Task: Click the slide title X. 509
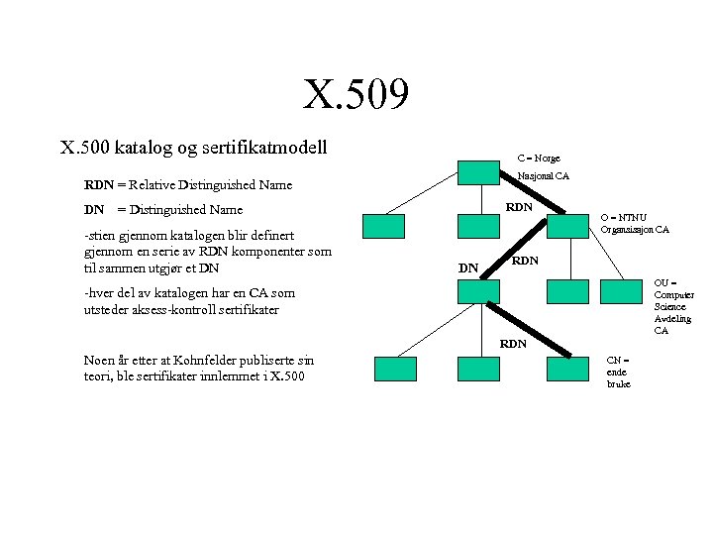356,96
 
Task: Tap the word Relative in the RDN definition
149,184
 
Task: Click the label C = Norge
539,158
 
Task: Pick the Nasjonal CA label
544,176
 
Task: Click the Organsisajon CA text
635,230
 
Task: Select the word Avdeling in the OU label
672,318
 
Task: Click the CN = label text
617,360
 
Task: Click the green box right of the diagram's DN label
477,290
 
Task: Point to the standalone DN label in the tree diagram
468,267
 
